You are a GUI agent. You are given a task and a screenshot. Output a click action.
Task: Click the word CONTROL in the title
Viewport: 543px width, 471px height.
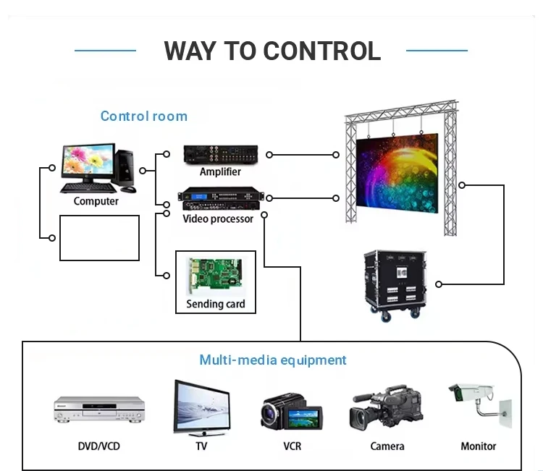[322, 51]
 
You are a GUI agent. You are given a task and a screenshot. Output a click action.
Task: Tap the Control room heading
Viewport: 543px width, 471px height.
[144, 116]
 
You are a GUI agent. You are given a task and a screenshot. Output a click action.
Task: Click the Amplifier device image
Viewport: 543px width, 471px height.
[221, 155]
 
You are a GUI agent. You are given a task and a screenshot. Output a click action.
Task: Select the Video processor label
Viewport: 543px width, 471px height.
[218, 218]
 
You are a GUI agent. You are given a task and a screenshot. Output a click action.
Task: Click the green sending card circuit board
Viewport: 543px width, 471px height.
[215, 275]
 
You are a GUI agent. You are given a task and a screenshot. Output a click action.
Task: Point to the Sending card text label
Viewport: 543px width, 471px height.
[216, 304]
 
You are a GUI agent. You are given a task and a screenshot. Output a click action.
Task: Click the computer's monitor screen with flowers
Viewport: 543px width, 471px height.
[88, 160]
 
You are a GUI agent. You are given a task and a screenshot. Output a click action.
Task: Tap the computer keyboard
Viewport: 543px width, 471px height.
[88, 188]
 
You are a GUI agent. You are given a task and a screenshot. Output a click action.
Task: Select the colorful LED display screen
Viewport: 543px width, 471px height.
[397, 173]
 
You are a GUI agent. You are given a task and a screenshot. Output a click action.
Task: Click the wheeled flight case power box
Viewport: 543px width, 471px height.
[395, 285]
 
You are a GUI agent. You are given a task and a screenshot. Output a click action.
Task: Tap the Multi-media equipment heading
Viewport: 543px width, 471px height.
[272, 360]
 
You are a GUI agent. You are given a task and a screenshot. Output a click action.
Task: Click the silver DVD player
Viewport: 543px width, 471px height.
[99, 410]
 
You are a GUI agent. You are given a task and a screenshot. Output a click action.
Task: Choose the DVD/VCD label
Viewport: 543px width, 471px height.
[99, 446]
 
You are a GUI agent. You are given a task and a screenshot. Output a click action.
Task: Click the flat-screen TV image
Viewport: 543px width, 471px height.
[202, 408]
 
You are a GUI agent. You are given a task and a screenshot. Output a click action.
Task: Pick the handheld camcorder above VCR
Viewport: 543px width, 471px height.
[292, 412]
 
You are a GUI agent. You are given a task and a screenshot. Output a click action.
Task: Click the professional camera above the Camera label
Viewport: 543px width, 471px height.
[386, 407]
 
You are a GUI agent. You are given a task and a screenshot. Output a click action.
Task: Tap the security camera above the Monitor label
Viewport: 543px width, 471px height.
[479, 404]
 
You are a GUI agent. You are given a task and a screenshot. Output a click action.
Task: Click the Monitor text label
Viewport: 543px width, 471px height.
[479, 446]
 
